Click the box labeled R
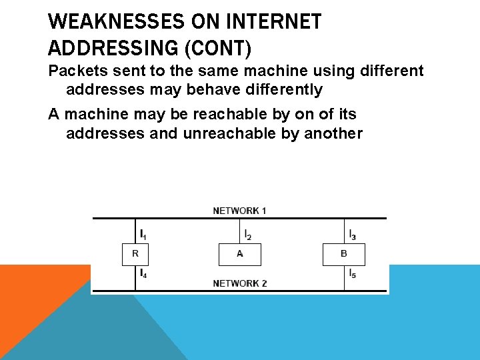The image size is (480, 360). [x=135, y=254]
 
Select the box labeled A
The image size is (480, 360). [x=240, y=254]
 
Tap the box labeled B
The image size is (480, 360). [x=344, y=254]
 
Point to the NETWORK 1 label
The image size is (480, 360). [x=240, y=211]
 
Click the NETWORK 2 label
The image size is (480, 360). [x=240, y=283]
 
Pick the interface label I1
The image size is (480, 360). [x=143, y=235]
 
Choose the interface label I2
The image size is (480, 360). [x=247, y=235]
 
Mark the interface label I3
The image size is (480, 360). [x=352, y=235]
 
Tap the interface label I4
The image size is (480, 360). [x=143, y=273]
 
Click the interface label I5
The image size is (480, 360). [x=352, y=273]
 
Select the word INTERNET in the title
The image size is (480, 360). [x=273, y=22]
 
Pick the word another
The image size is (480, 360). [x=333, y=133]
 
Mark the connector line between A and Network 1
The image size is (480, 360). [x=240, y=231]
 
